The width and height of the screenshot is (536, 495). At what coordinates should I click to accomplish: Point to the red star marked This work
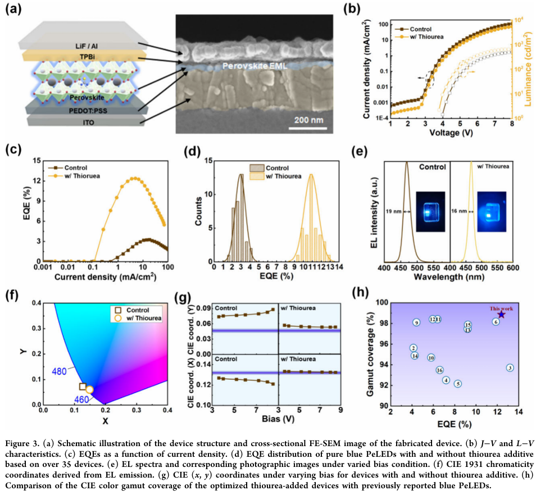point(501,315)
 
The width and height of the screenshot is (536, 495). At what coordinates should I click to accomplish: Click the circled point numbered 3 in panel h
point(510,368)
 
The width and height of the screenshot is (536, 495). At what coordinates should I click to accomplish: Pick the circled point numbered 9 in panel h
point(416,323)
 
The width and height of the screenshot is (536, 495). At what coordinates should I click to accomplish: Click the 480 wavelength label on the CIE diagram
point(60,371)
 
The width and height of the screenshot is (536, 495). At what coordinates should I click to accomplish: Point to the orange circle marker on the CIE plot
point(89,389)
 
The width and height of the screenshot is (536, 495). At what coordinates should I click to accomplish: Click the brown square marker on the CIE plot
point(83,387)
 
